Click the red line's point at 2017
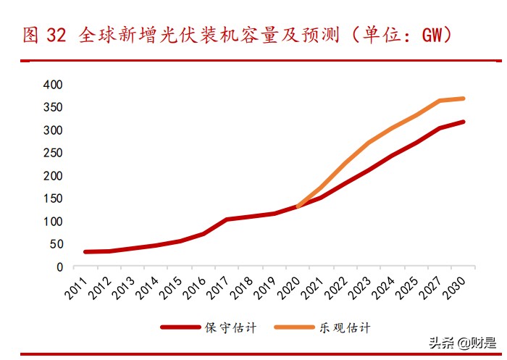click(227, 219)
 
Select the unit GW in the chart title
click(428, 34)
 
